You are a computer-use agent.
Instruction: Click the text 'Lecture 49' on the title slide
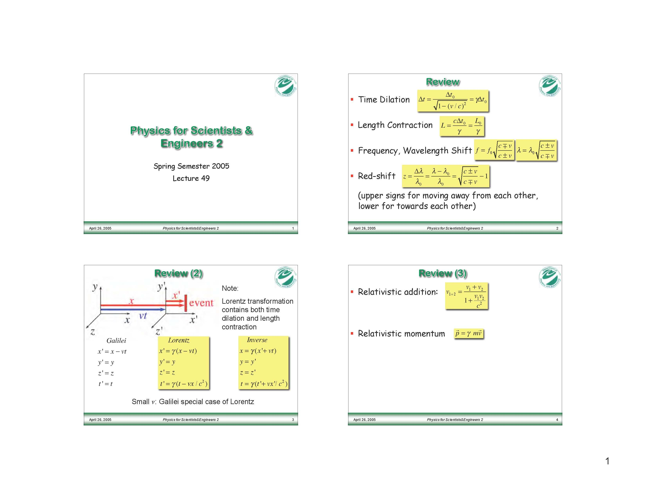[x=191, y=178]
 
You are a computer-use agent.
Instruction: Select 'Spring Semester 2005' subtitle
[x=191, y=166]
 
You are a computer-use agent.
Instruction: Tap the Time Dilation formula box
[x=453, y=101]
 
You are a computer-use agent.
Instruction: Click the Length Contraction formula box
[x=462, y=126]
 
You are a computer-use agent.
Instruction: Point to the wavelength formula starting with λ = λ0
[x=536, y=150]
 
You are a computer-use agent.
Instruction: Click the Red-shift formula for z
[x=446, y=176]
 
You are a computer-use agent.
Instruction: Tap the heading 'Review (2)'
[x=178, y=273]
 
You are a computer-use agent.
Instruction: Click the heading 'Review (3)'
[x=442, y=273]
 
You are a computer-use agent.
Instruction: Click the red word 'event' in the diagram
[x=201, y=303]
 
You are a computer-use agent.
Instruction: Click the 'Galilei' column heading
[x=116, y=340]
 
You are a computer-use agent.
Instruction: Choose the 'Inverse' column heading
[x=257, y=340]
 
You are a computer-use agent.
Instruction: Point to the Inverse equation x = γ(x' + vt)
[x=258, y=351]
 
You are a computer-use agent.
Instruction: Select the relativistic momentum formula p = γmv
[x=468, y=333]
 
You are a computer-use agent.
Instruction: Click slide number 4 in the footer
[x=557, y=420]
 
